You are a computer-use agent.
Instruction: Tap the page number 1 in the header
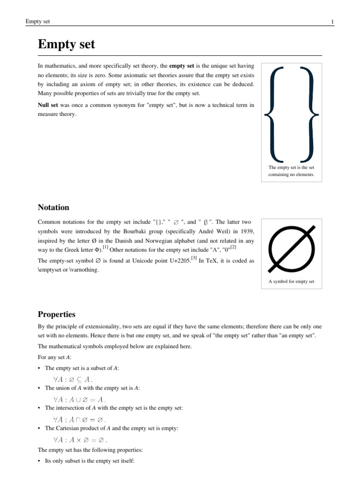332,22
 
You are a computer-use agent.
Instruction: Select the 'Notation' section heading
53,207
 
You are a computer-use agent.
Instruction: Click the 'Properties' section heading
56,314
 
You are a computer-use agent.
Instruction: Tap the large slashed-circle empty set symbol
292,249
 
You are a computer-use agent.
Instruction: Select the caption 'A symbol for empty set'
291,282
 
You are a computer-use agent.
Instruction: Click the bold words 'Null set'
47,105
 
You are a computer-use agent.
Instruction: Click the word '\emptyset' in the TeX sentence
52,270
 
